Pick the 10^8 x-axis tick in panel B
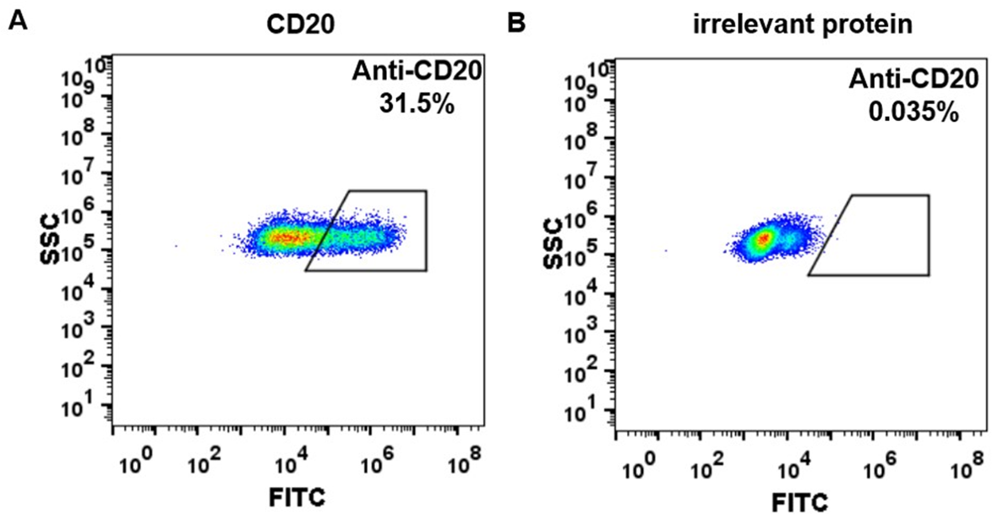pyautogui.click(x=968, y=465)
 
